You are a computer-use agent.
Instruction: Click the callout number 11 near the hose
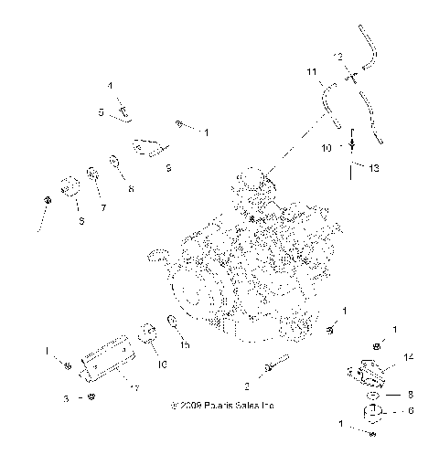(x=311, y=71)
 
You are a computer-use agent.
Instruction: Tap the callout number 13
(x=373, y=167)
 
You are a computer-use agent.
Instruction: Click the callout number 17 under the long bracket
(x=134, y=389)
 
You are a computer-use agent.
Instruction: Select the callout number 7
(x=103, y=207)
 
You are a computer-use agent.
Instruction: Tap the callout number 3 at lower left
(x=67, y=399)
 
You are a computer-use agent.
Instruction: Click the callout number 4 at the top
(x=111, y=85)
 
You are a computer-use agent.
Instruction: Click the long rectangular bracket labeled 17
(x=108, y=360)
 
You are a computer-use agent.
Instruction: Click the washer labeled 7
(x=93, y=173)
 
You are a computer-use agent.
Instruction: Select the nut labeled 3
(x=90, y=397)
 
